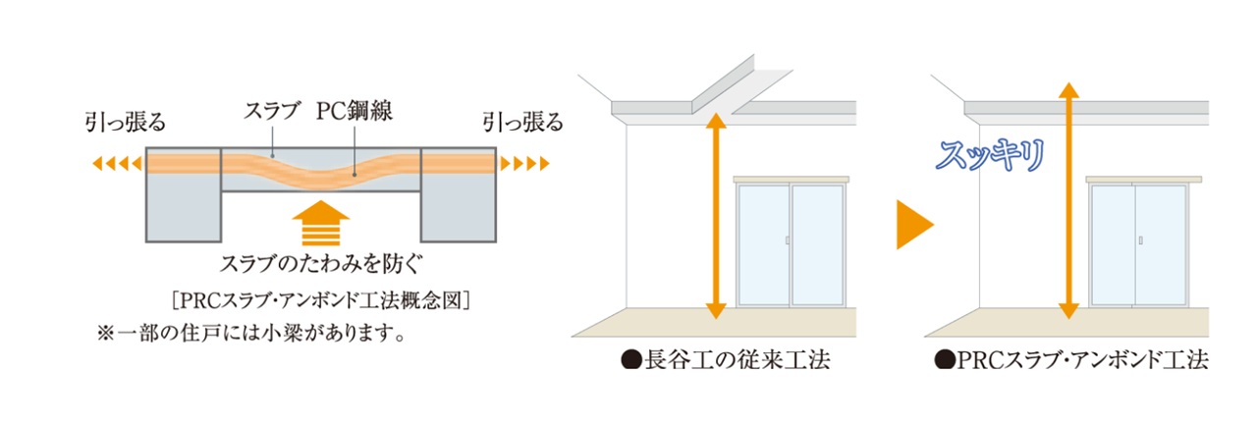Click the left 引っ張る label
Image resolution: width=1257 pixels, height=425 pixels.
(x=125, y=124)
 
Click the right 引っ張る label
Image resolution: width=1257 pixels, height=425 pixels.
(x=522, y=124)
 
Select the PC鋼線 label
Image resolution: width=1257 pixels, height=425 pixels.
(x=355, y=112)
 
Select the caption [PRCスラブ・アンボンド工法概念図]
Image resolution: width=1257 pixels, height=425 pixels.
(x=322, y=299)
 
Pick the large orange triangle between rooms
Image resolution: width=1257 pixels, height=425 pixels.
(x=912, y=229)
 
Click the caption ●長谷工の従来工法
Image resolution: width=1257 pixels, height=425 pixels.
(x=726, y=360)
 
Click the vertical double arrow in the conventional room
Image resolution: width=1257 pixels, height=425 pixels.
(x=716, y=215)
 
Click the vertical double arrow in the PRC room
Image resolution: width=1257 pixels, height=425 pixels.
(x=1068, y=201)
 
